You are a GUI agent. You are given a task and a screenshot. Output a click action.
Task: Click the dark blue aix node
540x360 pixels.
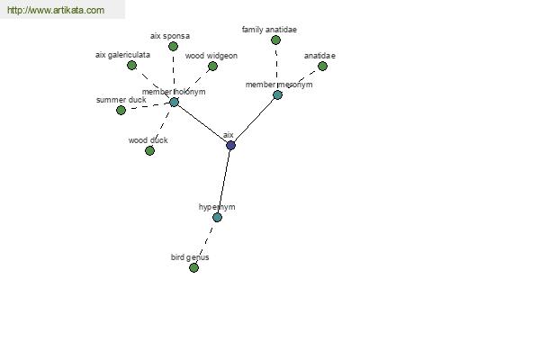pos(230,146)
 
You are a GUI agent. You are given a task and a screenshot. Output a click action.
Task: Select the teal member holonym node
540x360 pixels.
pos(175,102)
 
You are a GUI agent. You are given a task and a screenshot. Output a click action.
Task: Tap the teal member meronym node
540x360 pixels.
pos(277,94)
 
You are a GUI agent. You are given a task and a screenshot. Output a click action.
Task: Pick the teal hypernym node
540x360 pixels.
pos(217,218)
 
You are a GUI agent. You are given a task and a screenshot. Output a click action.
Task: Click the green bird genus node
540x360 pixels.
pos(193,267)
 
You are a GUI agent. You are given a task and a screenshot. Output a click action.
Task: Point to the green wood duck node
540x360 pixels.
pos(149,150)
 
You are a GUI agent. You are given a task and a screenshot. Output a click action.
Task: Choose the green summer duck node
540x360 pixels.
pos(121,110)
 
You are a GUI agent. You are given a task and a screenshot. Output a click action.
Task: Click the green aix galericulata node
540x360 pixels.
pos(132,65)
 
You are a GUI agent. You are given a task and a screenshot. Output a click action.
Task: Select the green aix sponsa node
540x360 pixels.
pos(173,46)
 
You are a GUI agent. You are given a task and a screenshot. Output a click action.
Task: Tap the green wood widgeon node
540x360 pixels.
pos(212,66)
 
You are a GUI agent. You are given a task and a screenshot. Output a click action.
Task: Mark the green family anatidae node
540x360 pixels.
pos(275,40)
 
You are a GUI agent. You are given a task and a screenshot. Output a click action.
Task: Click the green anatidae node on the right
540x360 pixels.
pos(323,66)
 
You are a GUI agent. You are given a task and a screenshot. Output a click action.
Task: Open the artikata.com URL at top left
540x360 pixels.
pos(56,10)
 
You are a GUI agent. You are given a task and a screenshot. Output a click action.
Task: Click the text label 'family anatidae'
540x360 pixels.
pos(269,30)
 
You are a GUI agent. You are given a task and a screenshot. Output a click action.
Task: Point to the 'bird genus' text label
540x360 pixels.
pos(190,257)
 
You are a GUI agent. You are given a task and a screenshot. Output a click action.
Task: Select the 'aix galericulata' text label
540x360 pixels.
pos(122,55)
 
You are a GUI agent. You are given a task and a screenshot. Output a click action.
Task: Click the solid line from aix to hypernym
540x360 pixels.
pos(224,181)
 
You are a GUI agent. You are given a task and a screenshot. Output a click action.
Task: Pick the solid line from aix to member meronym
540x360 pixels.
pos(254,120)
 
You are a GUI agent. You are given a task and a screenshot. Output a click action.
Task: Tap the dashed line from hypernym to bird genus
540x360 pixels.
pos(205,242)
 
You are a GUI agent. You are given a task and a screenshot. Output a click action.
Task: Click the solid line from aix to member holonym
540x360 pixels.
pos(202,123)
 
